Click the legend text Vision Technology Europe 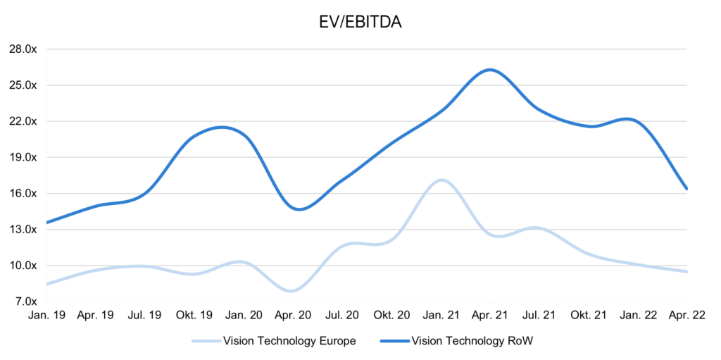[x=289, y=341]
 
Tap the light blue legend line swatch [x=205, y=341]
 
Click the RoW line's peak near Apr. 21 [x=490, y=70]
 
